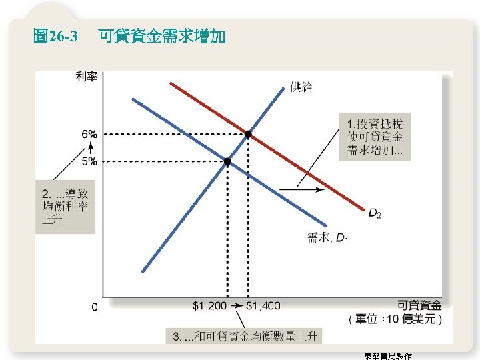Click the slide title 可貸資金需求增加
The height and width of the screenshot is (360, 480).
(162, 36)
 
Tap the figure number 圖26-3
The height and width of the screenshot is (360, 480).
(55, 36)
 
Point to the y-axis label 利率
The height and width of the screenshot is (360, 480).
(87, 77)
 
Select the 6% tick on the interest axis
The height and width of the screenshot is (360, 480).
(89, 134)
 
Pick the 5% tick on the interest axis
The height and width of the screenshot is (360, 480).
(89, 161)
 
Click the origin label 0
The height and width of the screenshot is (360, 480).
(94, 307)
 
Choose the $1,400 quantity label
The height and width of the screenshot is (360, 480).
(263, 306)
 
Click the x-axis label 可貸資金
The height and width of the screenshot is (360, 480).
(419, 305)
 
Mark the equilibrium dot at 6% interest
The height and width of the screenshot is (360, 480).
(249, 134)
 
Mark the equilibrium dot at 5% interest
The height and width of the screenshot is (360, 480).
(227, 161)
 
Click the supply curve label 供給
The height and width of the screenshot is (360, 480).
(301, 86)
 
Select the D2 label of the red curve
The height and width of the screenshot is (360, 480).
(375, 213)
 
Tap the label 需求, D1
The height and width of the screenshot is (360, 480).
(327, 238)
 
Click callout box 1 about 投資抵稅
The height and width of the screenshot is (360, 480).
(375, 137)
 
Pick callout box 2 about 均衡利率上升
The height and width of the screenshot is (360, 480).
(65, 207)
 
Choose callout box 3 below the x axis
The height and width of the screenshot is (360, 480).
(244, 336)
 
